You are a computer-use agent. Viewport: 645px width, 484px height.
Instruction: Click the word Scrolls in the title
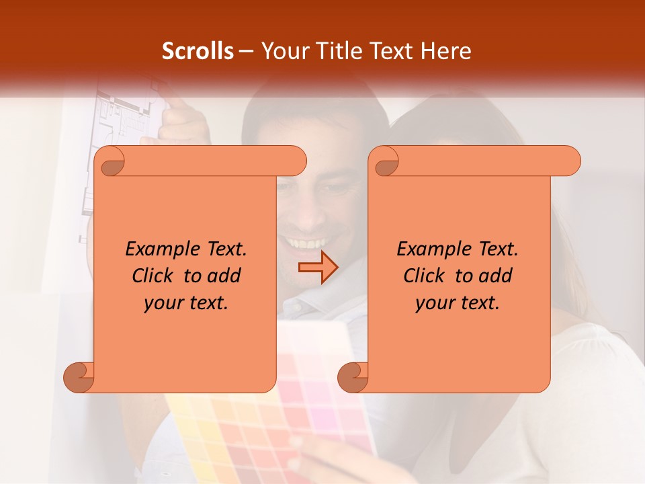(198, 51)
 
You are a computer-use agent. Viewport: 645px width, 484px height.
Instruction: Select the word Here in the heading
(446, 51)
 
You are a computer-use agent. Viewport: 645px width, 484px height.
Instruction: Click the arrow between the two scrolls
(318, 268)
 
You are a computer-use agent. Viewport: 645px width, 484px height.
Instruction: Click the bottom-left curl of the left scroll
(79, 377)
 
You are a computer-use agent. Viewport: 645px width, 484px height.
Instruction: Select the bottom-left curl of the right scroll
(353, 377)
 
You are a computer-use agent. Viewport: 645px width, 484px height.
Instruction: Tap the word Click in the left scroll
(153, 276)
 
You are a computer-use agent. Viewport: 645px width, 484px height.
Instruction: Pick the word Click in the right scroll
(424, 276)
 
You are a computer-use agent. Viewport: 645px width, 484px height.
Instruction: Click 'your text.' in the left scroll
(186, 303)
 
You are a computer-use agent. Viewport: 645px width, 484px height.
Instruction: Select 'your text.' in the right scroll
(458, 303)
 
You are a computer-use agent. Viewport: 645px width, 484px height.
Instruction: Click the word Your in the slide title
(282, 51)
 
